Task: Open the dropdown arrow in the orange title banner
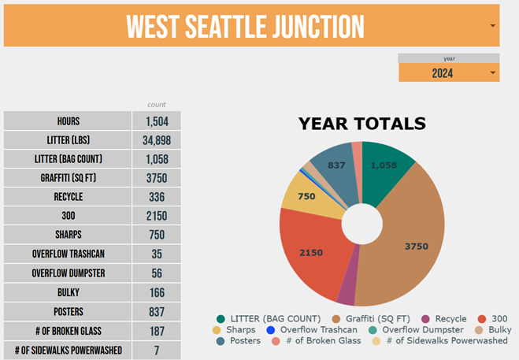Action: pyautogui.click(x=492, y=26)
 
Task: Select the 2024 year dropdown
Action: pyautogui.click(x=448, y=73)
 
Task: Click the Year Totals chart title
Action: pyautogui.click(x=361, y=124)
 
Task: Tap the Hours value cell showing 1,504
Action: pyautogui.click(x=156, y=121)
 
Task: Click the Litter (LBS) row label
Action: pyautogui.click(x=68, y=140)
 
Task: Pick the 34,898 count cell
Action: pyautogui.click(x=156, y=140)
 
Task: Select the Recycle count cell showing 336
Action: pyautogui.click(x=156, y=197)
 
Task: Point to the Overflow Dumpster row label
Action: pyautogui.click(x=68, y=273)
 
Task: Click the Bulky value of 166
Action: pyautogui.click(x=156, y=292)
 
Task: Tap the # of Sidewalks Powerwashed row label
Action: pyautogui.click(x=68, y=350)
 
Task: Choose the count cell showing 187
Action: pyautogui.click(x=156, y=331)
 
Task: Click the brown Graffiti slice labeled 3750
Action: pyautogui.click(x=410, y=236)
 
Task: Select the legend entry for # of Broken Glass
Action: pyautogui.click(x=306, y=340)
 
